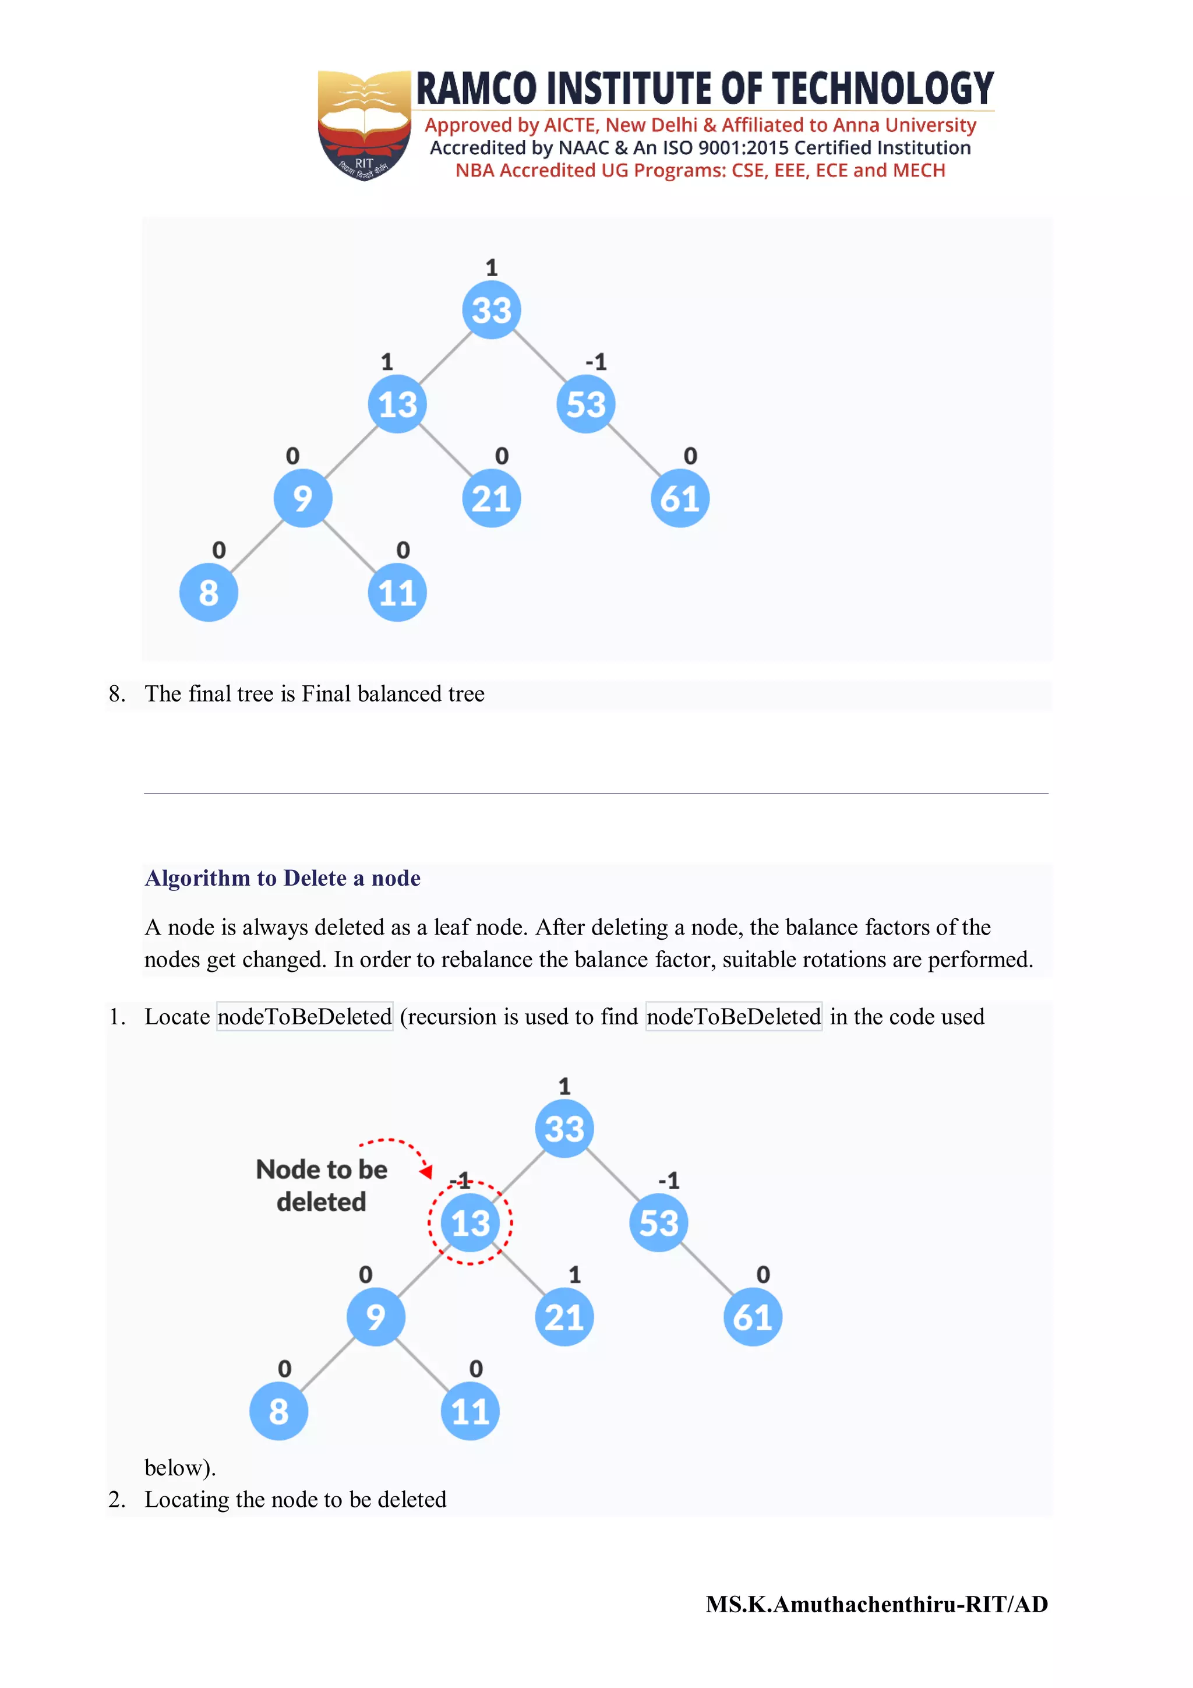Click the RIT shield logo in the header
coord(364,125)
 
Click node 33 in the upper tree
coord(491,309)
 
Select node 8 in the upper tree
coord(209,593)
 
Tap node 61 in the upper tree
coord(680,498)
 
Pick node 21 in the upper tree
coord(491,498)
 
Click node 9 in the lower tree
coord(376,1317)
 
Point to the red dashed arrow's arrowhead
coord(426,1171)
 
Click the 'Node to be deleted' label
coord(321,1185)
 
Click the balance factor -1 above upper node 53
coord(596,362)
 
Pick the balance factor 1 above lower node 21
coord(575,1274)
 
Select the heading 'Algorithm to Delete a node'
coord(283,878)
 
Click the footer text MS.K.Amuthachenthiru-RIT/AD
coord(877,1604)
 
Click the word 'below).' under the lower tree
coord(180,1467)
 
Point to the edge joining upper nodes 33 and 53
coord(539,357)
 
